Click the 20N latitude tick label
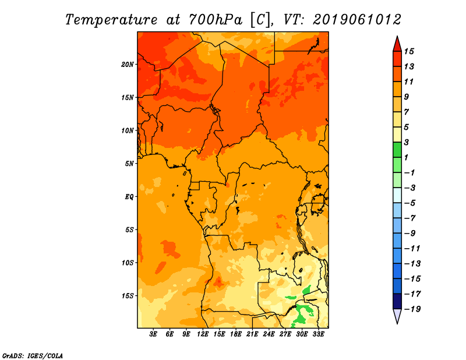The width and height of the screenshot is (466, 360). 127,65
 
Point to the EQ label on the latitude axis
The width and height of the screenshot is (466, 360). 129,197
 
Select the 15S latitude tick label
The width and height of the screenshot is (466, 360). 128,296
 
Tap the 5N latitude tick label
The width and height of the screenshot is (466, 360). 129,164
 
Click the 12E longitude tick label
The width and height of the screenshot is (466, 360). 202,334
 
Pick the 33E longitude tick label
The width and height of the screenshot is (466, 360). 318,334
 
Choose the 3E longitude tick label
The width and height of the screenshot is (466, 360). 153,334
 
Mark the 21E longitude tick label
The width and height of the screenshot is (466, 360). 252,334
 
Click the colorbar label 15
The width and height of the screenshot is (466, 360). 409,51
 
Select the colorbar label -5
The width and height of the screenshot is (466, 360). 411,203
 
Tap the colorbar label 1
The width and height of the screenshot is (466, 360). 406,157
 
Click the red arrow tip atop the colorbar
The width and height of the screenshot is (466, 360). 397,37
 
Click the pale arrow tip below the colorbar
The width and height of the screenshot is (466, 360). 397,323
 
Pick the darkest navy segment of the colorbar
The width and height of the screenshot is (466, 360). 397,301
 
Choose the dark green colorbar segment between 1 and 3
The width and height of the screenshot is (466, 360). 397,150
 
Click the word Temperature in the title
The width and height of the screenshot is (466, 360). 111,20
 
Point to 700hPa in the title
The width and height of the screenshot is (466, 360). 216,20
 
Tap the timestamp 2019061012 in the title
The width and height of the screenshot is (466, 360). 357,20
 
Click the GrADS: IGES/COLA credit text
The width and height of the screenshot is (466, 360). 33,356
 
